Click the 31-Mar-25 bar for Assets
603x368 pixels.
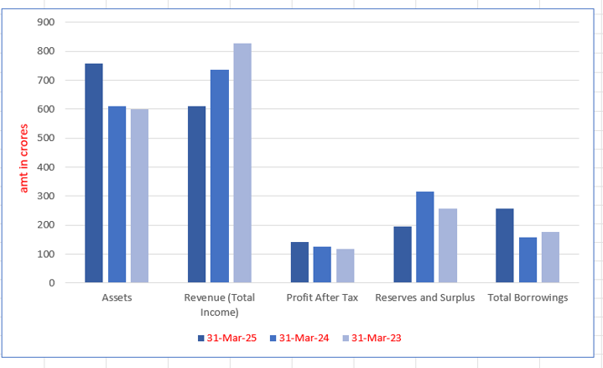tap(94, 173)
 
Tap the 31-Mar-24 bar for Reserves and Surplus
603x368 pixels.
tap(425, 237)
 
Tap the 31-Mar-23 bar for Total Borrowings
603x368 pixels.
tap(550, 257)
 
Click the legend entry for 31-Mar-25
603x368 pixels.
tap(225, 338)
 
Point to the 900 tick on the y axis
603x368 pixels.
tap(47, 23)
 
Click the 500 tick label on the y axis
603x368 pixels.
tap(47, 139)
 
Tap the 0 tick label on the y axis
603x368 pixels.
tap(52, 283)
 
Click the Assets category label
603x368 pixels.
tap(117, 298)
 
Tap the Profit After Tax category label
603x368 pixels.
tap(322, 298)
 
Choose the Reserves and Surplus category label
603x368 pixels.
tap(425, 298)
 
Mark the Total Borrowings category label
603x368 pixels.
tap(528, 298)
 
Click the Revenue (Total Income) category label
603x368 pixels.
tap(219, 305)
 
